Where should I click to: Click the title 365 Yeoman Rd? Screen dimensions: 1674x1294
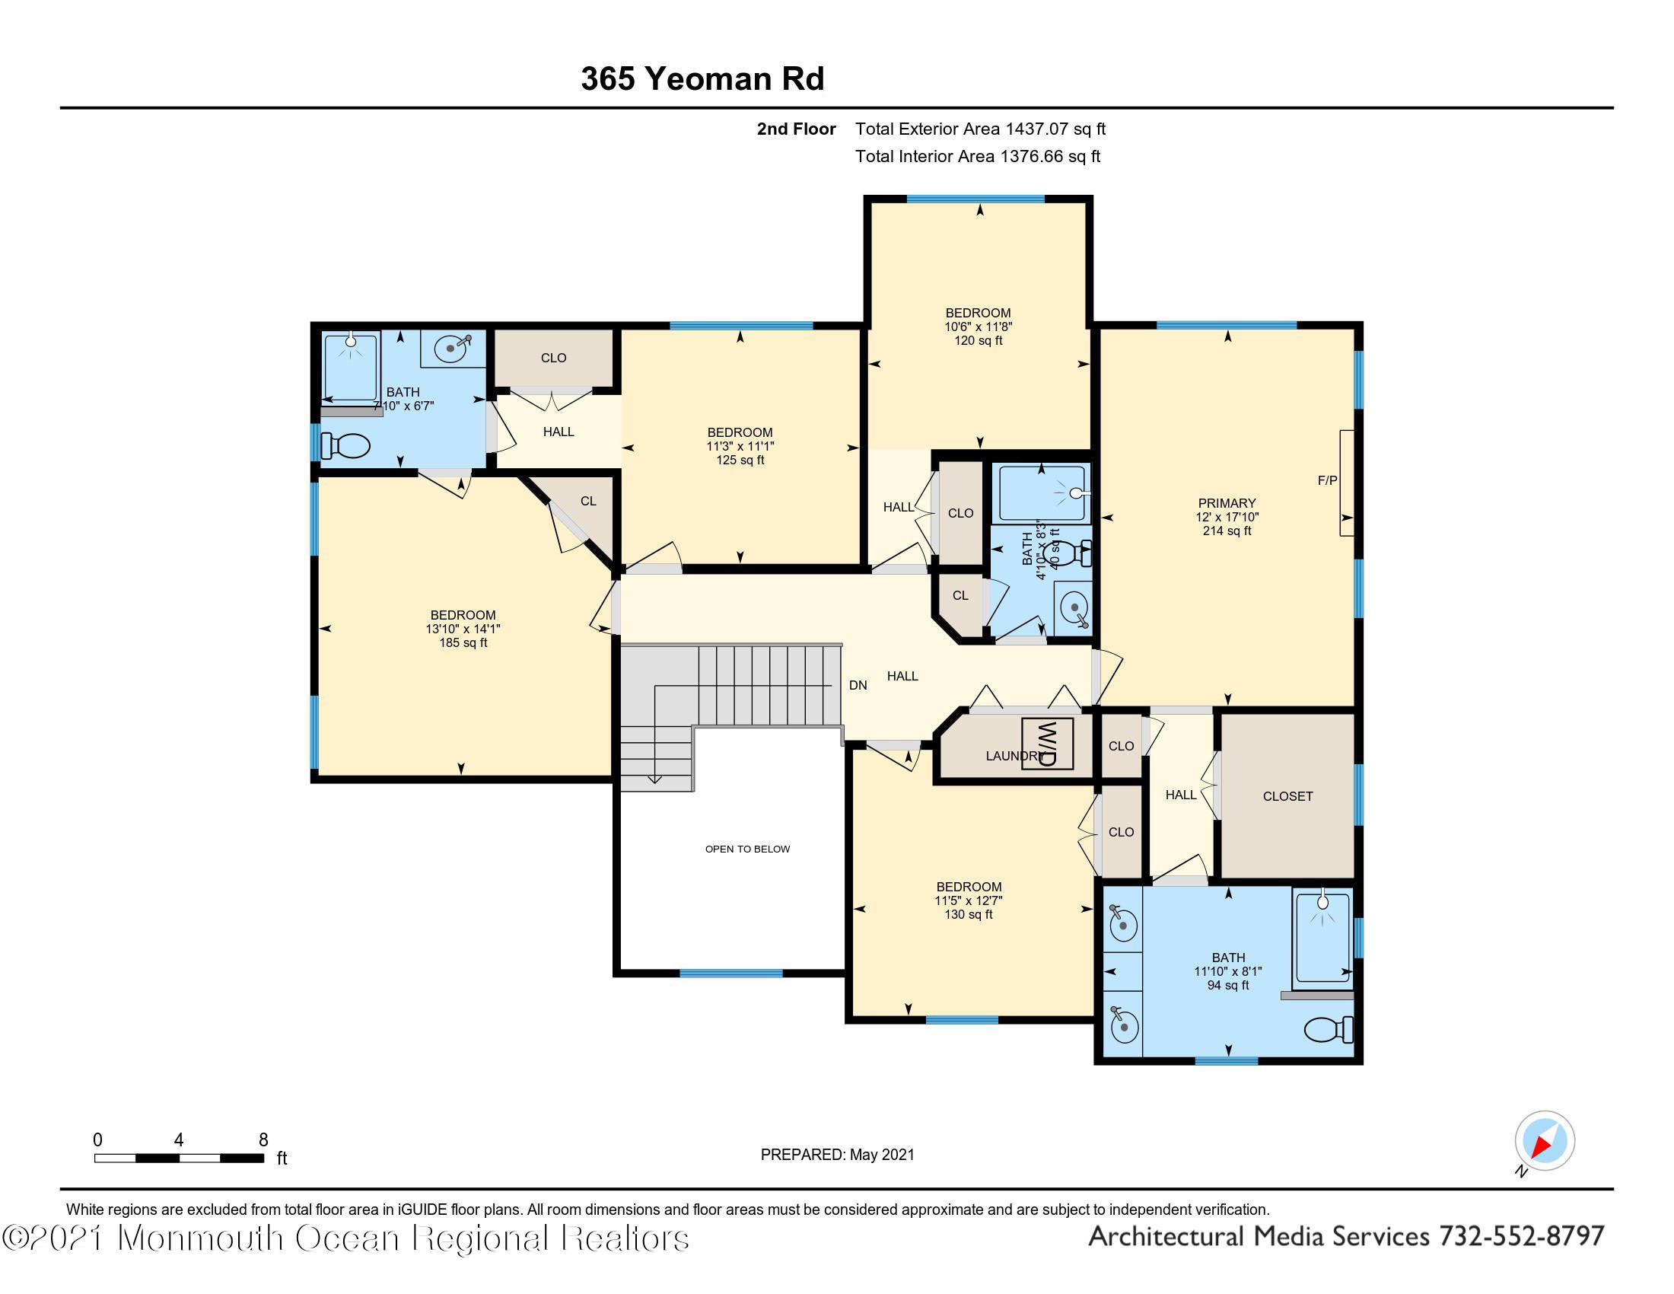[702, 78]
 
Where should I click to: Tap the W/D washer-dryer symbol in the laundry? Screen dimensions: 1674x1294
[1047, 743]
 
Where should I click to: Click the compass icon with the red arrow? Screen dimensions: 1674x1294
[1544, 1141]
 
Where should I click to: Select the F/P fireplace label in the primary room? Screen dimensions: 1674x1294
[1328, 480]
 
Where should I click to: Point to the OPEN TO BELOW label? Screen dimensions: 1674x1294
[747, 849]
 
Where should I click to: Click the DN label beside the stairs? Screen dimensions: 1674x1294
[858, 685]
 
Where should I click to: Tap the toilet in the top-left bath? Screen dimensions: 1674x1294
[345, 445]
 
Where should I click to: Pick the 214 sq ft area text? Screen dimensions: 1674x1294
[1227, 531]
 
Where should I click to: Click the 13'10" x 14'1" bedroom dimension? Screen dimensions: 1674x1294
[463, 629]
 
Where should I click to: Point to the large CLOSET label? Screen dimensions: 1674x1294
[1287, 796]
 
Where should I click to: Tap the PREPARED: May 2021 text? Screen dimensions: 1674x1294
[837, 1155]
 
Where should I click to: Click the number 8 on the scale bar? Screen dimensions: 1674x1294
[263, 1140]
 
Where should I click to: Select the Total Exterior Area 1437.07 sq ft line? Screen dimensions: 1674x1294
[980, 129]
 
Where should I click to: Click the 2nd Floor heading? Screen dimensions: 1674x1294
[797, 129]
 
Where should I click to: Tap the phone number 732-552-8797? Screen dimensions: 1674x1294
[1522, 1236]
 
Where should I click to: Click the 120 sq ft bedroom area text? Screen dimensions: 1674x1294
[978, 340]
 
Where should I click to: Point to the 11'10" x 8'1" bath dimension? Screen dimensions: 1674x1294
[1228, 971]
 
